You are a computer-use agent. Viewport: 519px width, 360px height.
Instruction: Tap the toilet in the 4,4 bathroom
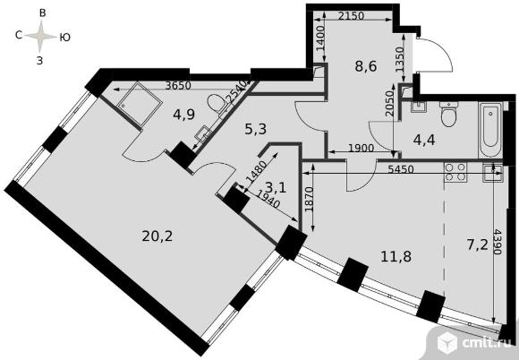450,116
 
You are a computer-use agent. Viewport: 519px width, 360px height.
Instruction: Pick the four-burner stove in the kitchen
455,172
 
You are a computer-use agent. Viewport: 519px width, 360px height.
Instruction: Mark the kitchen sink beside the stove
490,172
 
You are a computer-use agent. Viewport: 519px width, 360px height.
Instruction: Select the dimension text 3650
166,88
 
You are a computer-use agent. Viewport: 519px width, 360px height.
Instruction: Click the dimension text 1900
348,148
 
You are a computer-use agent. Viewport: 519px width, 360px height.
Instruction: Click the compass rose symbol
39,37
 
